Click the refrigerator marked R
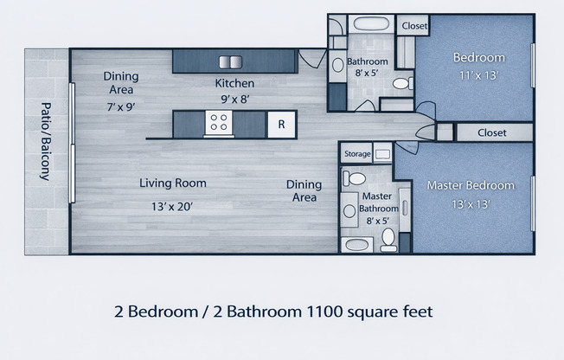[x=280, y=124]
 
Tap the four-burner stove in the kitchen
[x=219, y=125]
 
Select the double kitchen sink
[x=231, y=61]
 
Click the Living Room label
[x=173, y=183]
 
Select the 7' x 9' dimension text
[x=121, y=106]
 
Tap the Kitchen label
[x=234, y=83]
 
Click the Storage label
[x=356, y=154]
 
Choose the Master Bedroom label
[x=471, y=185]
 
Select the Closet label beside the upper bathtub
[x=414, y=26]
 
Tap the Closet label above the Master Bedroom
[x=491, y=132]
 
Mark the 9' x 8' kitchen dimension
[x=234, y=100]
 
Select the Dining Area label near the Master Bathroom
[x=304, y=190]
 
